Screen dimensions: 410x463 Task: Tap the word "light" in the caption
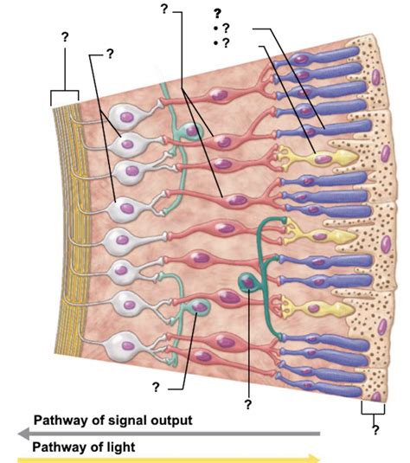(121, 447)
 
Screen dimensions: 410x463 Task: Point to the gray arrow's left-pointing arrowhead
(23, 434)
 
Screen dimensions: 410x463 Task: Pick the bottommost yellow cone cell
(315, 309)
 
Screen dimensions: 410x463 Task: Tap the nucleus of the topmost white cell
(127, 117)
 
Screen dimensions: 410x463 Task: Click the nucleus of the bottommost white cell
(128, 345)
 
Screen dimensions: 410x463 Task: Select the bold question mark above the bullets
(218, 13)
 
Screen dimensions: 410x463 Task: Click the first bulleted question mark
(226, 29)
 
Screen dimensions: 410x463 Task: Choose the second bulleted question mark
(226, 43)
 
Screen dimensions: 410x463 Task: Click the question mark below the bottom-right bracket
(375, 430)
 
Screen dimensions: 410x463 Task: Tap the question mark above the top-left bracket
(65, 37)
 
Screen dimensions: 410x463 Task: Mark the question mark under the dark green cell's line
(248, 404)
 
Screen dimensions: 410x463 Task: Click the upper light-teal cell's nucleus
(192, 130)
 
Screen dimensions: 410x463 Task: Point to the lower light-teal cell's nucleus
(200, 307)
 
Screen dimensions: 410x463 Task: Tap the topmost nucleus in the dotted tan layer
(375, 77)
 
